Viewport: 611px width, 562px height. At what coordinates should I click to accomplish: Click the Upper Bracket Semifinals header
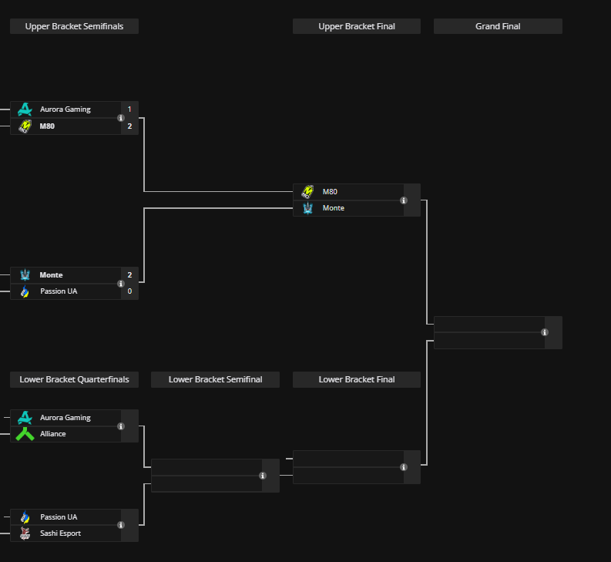pyautogui.click(x=74, y=26)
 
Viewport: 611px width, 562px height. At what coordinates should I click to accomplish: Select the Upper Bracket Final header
pyautogui.click(x=357, y=26)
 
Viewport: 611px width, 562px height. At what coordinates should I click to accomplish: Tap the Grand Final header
pyautogui.click(x=498, y=26)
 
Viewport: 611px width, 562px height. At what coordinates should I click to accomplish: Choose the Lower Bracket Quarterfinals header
pyautogui.click(x=74, y=379)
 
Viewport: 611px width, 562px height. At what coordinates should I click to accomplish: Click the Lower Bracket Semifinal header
pyautogui.click(x=215, y=379)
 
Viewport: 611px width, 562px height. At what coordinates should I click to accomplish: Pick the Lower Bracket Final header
pyautogui.click(x=357, y=379)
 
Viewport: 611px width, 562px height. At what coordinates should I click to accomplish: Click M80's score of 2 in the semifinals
pyautogui.click(x=129, y=126)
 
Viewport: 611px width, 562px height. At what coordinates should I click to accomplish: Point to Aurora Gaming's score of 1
pyautogui.click(x=129, y=109)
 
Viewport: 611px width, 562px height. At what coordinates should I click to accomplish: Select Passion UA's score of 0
pyautogui.click(x=129, y=291)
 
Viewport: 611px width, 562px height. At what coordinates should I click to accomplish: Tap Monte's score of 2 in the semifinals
pyautogui.click(x=129, y=275)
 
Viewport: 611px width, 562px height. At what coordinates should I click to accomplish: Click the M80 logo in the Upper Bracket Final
pyautogui.click(x=307, y=191)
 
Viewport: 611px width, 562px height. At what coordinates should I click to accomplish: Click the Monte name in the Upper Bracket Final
pyautogui.click(x=334, y=208)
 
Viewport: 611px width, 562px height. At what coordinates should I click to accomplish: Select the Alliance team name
pyautogui.click(x=53, y=434)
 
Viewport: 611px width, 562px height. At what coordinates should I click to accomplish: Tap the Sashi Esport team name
pyautogui.click(x=60, y=533)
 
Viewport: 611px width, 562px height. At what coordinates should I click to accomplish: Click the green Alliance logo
pyautogui.click(x=25, y=434)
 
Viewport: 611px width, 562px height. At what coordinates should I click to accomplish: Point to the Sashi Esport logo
pyautogui.click(x=25, y=533)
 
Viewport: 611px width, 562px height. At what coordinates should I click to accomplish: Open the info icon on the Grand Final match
pyautogui.click(x=545, y=332)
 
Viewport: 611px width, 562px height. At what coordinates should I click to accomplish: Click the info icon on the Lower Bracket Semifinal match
pyautogui.click(x=263, y=476)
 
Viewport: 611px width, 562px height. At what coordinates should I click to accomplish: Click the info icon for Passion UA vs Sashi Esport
pyautogui.click(x=121, y=525)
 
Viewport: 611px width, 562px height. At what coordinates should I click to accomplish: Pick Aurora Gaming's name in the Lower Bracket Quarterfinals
pyautogui.click(x=65, y=418)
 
